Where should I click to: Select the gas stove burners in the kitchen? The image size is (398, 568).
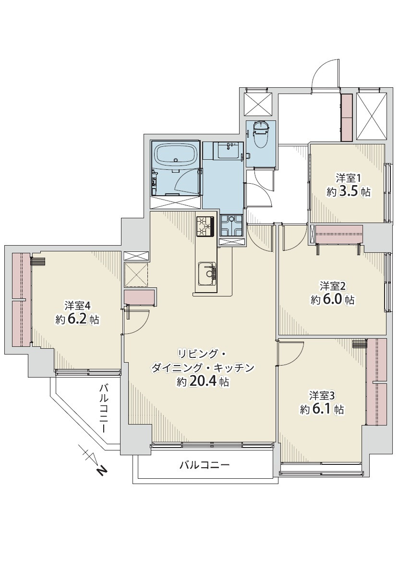(205, 226)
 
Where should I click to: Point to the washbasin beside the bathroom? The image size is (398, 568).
(229, 150)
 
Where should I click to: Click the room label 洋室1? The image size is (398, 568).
(349, 178)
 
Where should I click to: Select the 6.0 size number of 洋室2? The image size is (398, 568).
(332, 299)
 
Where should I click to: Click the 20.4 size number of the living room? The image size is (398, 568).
(203, 381)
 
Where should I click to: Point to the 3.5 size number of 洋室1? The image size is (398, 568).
(348, 191)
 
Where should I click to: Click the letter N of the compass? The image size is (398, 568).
(102, 471)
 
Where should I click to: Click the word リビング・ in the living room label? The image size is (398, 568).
(202, 353)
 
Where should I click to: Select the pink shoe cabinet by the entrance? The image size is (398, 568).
(347, 118)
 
